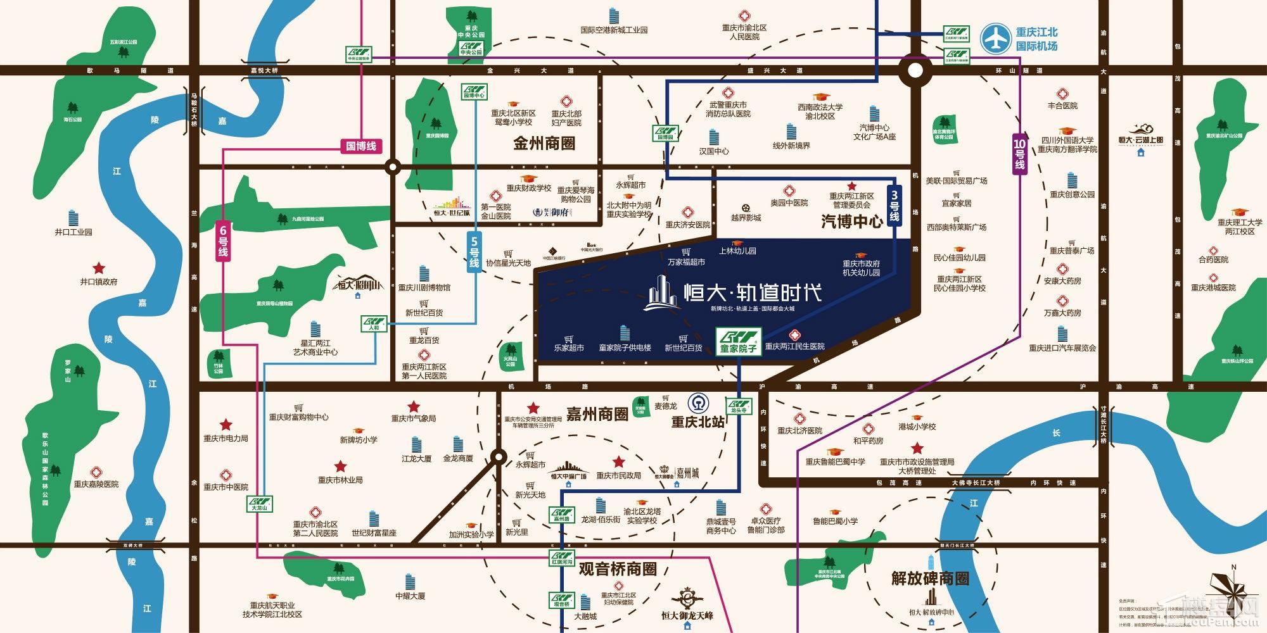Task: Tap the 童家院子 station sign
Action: tap(739, 341)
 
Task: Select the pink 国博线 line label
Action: tap(361, 146)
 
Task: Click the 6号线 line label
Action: tap(223, 240)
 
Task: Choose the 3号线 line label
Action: tap(894, 205)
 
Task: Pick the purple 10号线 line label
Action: tap(1019, 154)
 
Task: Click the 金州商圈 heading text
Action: tap(544, 143)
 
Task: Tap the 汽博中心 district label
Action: tap(851, 221)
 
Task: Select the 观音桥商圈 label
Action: tap(617, 568)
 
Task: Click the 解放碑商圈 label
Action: tap(929, 578)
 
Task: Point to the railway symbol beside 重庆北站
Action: tap(699, 403)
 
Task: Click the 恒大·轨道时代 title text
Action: tap(753, 292)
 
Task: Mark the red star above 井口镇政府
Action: tap(99, 268)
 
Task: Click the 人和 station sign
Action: tap(374, 324)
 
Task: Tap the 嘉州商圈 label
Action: tap(597, 414)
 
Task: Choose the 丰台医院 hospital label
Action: tap(1062, 106)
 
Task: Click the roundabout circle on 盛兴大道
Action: tap(915, 71)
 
